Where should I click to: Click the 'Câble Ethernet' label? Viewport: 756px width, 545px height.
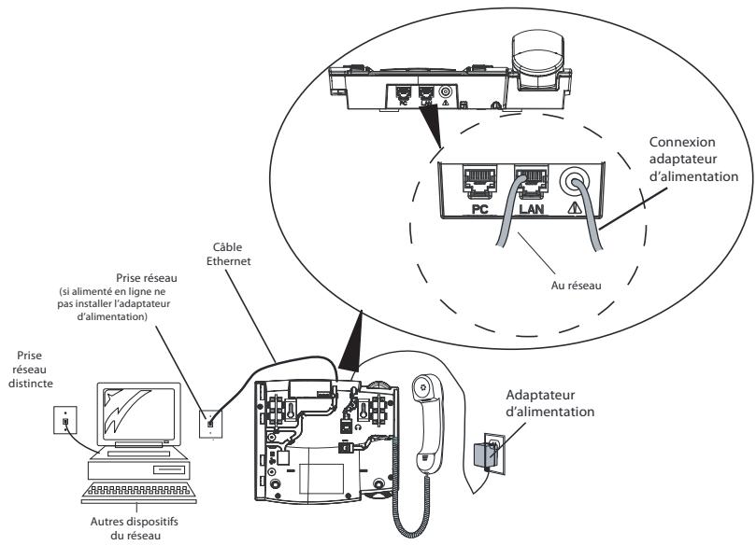tap(229, 254)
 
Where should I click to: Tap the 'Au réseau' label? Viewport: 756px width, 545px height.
tap(577, 286)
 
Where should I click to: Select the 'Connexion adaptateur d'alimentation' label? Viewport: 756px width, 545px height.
tap(693, 160)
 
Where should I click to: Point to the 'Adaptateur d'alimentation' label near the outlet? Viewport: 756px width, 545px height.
tap(550, 403)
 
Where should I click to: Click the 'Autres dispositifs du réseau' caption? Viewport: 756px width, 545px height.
tap(134, 528)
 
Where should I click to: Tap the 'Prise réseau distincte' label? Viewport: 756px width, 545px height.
tap(31, 370)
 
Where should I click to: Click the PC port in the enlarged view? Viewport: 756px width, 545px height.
tap(478, 182)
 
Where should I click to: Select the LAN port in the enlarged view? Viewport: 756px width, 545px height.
tap(532, 182)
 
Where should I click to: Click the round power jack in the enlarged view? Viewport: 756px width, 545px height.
tap(575, 181)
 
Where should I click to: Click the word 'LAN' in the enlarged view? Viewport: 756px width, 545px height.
tap(532, 208)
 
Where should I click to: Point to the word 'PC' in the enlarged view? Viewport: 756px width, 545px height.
tap(479, 208)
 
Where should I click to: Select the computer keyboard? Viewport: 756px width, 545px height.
tap(139, 492)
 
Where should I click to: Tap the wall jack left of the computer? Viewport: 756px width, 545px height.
tap(65, 420)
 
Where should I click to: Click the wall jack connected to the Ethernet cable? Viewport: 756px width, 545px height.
tap(210, 424)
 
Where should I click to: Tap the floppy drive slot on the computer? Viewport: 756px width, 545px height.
tap(169, 469)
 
